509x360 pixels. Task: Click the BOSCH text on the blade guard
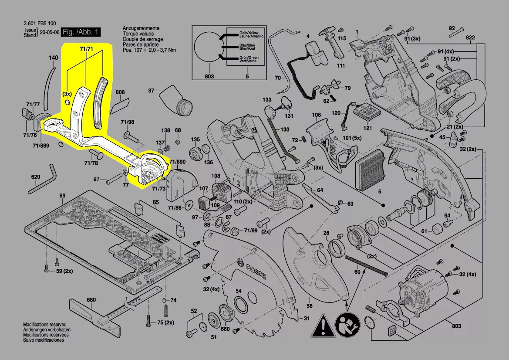[256, 271]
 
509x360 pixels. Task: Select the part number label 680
[91, 299]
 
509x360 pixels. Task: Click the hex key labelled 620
[42, 180]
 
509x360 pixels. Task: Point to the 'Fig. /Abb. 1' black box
[81, 32]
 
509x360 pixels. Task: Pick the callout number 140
[54, 58]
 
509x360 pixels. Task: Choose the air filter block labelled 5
[371, 171]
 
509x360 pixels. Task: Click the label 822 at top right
[470, 37]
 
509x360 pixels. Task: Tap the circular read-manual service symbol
[347, 325]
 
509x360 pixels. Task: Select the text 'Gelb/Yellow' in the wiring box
[249, 33]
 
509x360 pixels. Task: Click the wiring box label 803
[209, 76]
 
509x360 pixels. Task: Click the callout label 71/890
[177, 162]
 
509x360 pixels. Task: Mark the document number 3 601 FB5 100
[40, 24]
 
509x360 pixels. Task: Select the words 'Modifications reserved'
[45, 324]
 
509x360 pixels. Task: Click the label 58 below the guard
[309, 306]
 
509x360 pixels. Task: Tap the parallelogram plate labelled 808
[120, 105]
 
